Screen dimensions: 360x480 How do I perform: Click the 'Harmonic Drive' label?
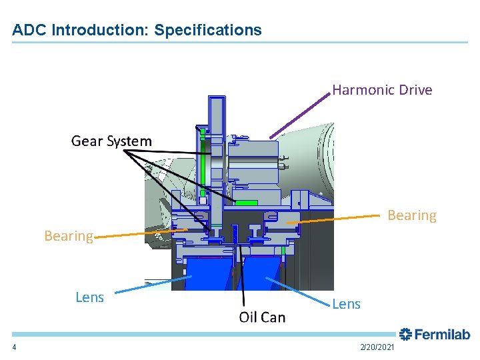382,90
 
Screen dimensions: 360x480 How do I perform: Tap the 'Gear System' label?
111,141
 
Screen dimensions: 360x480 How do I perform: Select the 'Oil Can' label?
262,317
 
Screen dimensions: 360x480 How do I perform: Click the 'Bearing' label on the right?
412,215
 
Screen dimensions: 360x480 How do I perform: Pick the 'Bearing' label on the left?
68,236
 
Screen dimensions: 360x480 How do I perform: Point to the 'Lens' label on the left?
89,297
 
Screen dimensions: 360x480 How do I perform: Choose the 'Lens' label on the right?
346,304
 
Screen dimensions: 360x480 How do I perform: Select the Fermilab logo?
435,334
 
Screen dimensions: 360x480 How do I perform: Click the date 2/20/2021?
377,348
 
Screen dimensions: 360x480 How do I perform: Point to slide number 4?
14,348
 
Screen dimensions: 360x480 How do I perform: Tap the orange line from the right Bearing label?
337,219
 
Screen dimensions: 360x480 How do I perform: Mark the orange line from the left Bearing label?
140,232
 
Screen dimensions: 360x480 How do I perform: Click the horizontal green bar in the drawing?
246,202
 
